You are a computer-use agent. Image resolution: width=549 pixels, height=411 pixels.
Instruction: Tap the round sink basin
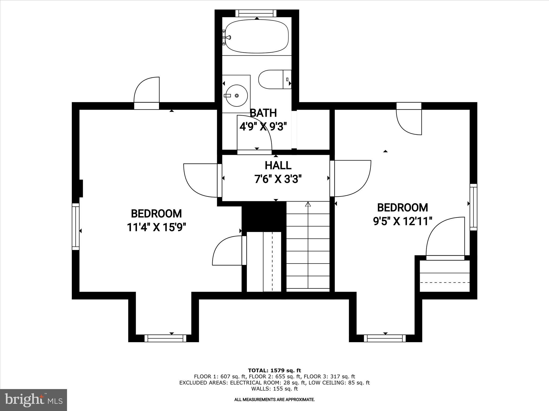pyautogui.click(x=236, y=96)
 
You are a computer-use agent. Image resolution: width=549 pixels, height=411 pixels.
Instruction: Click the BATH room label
pyautogui.click(x=263, y=113)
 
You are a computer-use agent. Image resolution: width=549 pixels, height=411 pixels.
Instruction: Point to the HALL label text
pyautogui.click(x=278, y=165)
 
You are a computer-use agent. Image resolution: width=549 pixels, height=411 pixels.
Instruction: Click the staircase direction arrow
pyautogui.click(x=308, y=205)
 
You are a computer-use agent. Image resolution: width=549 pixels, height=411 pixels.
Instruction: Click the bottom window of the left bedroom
pyautogui.click(x=165, y=338)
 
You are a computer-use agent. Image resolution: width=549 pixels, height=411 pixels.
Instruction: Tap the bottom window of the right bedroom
pyautogui.click(x=385, y=338)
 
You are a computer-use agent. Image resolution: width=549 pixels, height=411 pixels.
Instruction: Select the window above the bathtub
pyautogui.click(x=256, y=13)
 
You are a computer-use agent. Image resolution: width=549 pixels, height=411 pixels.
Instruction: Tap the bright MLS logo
pyautogui.click(x=34, y=400)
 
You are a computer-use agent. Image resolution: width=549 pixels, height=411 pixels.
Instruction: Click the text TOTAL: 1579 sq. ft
pyautogui.click(x=274, y=371)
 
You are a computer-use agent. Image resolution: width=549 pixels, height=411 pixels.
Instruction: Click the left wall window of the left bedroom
pyautogui.click(x=76, y=227)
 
